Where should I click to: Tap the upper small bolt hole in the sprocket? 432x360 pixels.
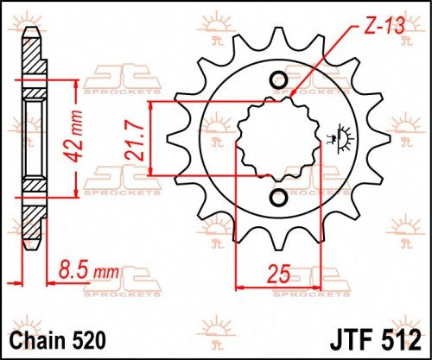coord(278,81)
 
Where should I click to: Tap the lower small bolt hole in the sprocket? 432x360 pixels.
coord(278,198)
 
